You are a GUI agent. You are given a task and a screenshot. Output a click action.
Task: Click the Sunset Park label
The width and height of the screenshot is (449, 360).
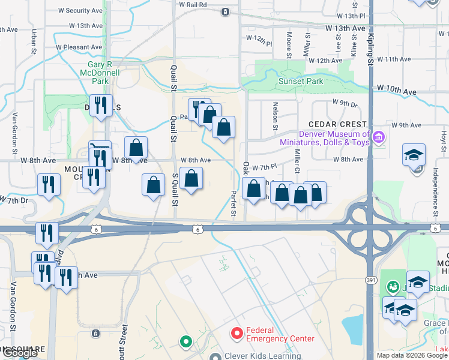point(300,81)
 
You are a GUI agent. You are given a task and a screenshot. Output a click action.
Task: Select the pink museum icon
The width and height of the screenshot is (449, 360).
point(378,138)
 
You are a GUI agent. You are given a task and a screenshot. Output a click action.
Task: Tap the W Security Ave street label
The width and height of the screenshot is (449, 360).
point(80,11)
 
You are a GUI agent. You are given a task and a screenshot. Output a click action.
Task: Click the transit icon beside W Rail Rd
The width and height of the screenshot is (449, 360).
point(225,11)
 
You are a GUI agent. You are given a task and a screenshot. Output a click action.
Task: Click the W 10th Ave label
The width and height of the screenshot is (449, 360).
point(397,91)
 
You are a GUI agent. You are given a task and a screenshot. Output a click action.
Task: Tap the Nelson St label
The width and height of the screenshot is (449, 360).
point(276,115)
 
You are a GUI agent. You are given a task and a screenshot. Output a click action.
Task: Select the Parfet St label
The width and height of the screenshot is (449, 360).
point(234,203)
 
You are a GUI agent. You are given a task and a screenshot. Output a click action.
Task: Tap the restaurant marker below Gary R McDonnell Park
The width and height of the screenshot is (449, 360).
point(100,106)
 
